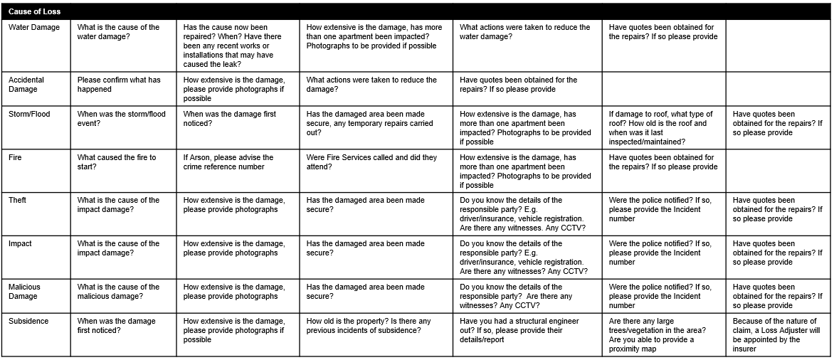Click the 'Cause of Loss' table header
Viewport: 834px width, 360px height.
coord(35,12)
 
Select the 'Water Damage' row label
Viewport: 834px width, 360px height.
coord(34,28)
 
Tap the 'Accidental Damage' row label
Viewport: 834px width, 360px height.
coord(26,85)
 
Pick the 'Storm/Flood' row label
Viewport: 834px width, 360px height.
coord(29,114)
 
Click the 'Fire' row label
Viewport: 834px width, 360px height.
coord(16,157)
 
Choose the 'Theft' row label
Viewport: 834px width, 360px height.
coord(18,201)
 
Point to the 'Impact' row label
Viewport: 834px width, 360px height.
coord(21,244)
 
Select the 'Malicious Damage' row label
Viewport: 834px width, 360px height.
coord(25,292)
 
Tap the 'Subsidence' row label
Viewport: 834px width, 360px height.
coord(28,322)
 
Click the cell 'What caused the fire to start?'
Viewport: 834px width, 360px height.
coord(117,162)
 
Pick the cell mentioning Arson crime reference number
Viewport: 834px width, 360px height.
coord(228,162)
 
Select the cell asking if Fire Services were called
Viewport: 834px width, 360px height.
coord(371,162)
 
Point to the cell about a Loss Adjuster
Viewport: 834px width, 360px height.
coord(776,335)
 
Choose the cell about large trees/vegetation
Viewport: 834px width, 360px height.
coord(658,335)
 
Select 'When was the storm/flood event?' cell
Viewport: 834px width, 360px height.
coord(122,118)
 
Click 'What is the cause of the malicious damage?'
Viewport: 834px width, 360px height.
coord(118,292)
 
